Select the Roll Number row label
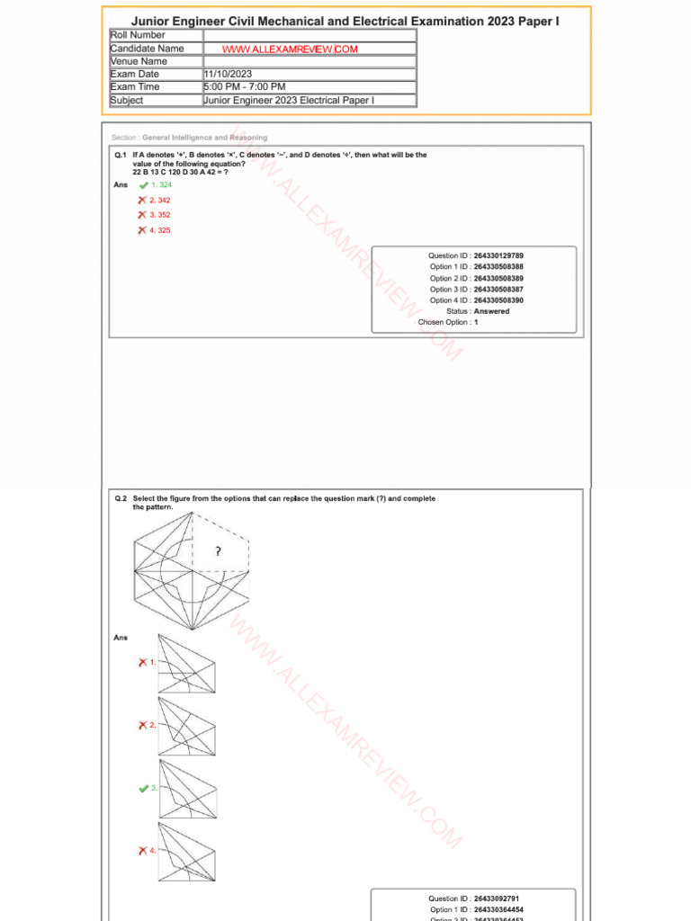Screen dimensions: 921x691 (138, 35)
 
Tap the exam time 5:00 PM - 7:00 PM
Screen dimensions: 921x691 (245, 87)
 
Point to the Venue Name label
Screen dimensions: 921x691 (139, 61)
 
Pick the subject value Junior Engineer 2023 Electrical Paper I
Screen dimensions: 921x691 (289, 101)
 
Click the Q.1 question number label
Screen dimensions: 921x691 (120, 155)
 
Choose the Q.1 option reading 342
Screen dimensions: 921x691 (160, 200)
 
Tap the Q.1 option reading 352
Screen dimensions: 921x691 (160, 215)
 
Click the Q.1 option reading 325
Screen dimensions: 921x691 (160, 230)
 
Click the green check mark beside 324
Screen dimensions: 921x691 (143, 185)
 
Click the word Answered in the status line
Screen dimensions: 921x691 (491, 311)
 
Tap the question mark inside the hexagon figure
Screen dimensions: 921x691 (218, 551)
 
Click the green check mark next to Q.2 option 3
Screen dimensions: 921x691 (143, 788)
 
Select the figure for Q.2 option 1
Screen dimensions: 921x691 (186, 664)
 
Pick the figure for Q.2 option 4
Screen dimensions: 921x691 (186, 851)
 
